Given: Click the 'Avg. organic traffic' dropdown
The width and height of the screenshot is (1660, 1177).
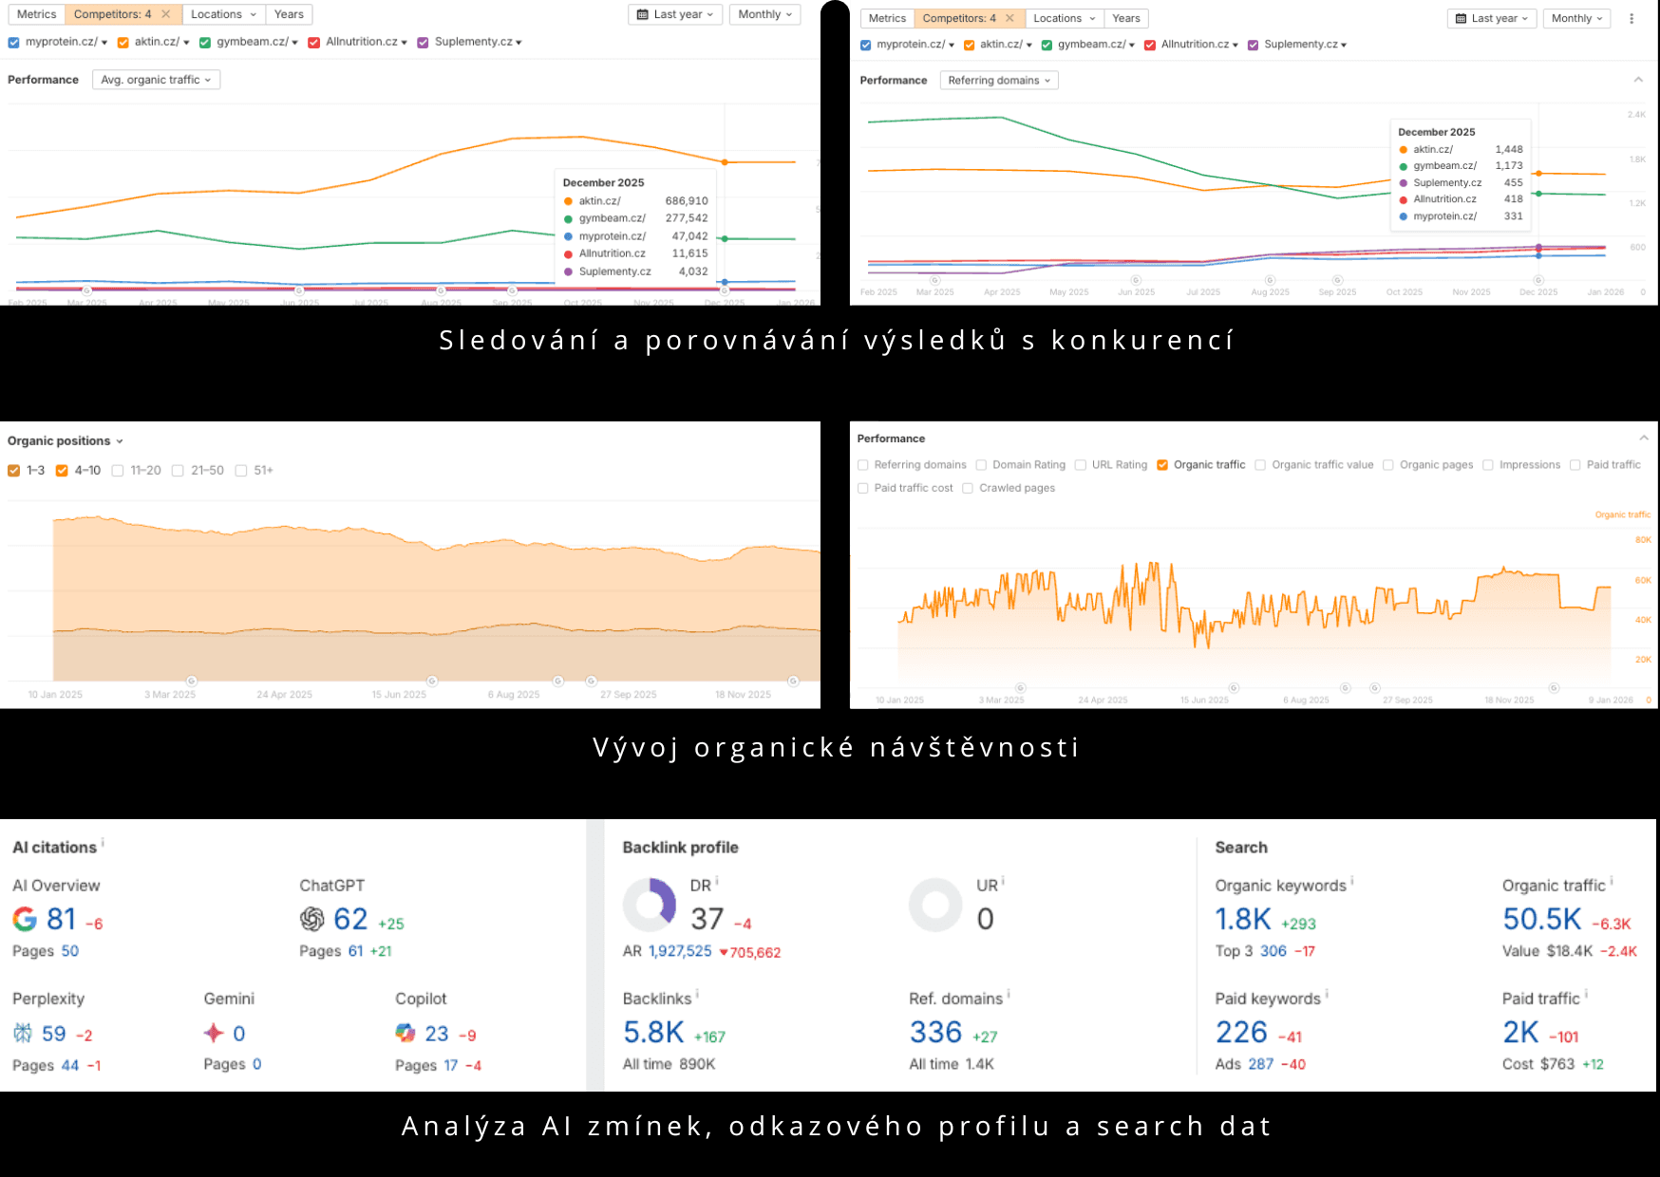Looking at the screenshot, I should tap(156, 80).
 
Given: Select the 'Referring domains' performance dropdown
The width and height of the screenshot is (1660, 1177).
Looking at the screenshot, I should tap(998, 81).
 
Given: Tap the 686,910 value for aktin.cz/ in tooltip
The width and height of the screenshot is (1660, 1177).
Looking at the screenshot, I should tap(686, 201).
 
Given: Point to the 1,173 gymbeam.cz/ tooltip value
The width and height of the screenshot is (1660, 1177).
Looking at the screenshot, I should tap(1508, 166).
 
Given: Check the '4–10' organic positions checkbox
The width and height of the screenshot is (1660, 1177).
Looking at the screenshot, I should tap(62, 471).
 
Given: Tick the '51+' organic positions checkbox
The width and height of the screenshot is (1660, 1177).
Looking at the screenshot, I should tap(241, 471).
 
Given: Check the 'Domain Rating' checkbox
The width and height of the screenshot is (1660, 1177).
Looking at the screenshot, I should tap(981, 465).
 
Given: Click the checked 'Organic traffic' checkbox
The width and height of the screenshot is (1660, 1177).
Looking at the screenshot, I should tap(1162, 465).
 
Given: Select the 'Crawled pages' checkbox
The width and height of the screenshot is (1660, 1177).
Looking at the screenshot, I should tap(968, 489).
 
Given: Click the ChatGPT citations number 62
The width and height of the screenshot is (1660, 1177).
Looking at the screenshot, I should tap(350, 919).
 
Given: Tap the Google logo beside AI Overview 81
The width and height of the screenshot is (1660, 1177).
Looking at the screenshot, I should tap(25, 919).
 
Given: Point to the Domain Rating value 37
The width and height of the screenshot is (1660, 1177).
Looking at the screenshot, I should tap(707, 919).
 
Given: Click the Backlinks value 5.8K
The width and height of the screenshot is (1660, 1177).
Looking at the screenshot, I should tap(653, 1033).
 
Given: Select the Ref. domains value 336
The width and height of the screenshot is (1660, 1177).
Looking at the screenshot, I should tap(935, 1033).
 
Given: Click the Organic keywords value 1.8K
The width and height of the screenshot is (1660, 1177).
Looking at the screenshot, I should tap(1242, 919).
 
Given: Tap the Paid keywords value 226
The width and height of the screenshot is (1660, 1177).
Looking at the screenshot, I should tap(1241, 1033).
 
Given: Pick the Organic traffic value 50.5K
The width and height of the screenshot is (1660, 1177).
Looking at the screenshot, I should tap(1541, 919).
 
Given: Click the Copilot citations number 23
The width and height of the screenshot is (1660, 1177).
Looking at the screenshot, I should tap(436, 1034).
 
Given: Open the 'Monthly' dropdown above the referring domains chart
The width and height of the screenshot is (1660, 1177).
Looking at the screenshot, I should tap(1576, 18).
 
